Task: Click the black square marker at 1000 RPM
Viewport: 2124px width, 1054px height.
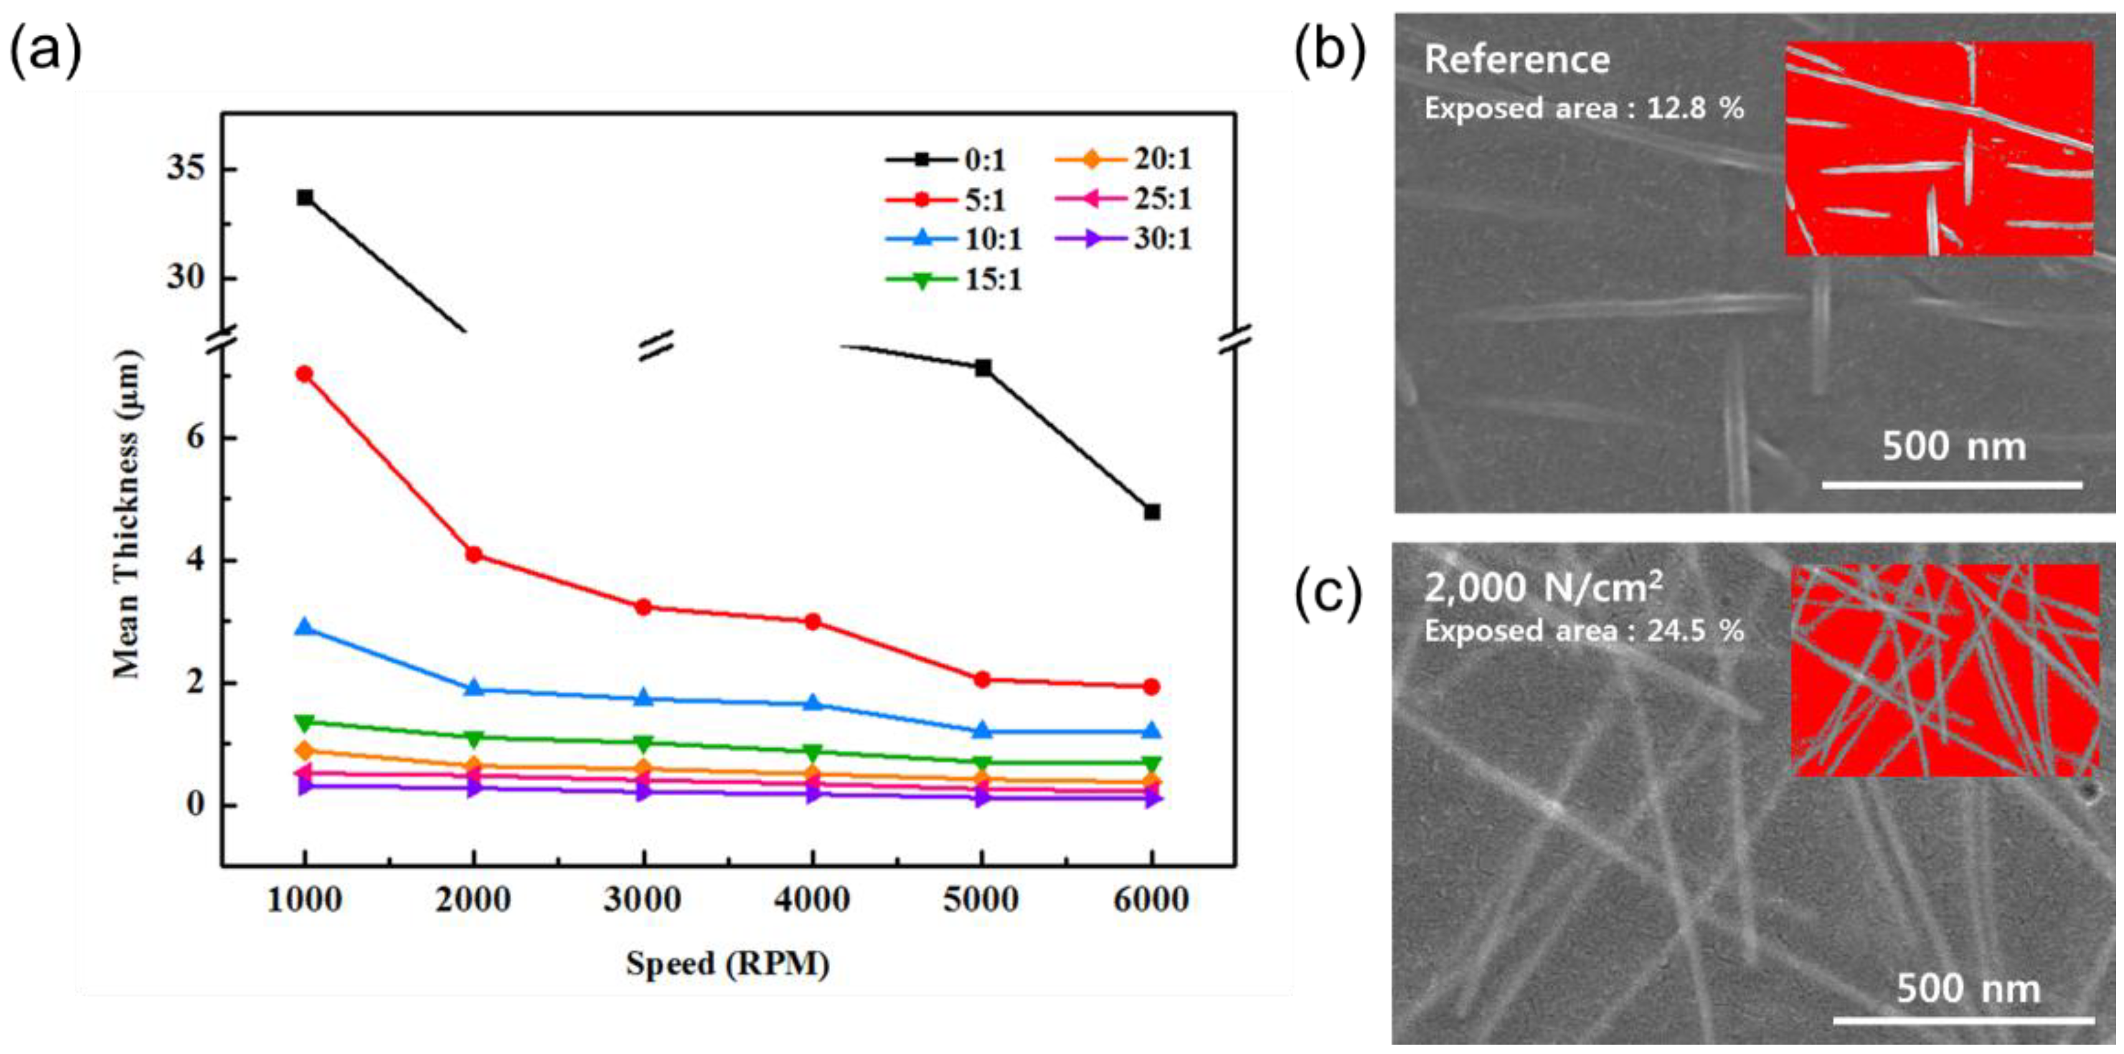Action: point(305,197)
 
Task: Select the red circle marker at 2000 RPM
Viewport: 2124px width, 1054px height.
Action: point(473,554)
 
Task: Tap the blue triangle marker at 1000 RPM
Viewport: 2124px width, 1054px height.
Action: point(304,627)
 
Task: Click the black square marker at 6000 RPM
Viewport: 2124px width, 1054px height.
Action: point(1152,512)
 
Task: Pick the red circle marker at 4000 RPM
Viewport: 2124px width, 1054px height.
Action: point(812,621)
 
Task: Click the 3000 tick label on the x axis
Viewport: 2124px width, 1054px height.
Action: point(643,899)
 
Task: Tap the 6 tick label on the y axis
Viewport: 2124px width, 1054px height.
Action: point(194,437)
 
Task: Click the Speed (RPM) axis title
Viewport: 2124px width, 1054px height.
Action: point(727,963)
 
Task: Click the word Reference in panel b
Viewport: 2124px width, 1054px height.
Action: point(1516,59)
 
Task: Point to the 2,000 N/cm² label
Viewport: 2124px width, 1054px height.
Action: point(1542,588)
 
